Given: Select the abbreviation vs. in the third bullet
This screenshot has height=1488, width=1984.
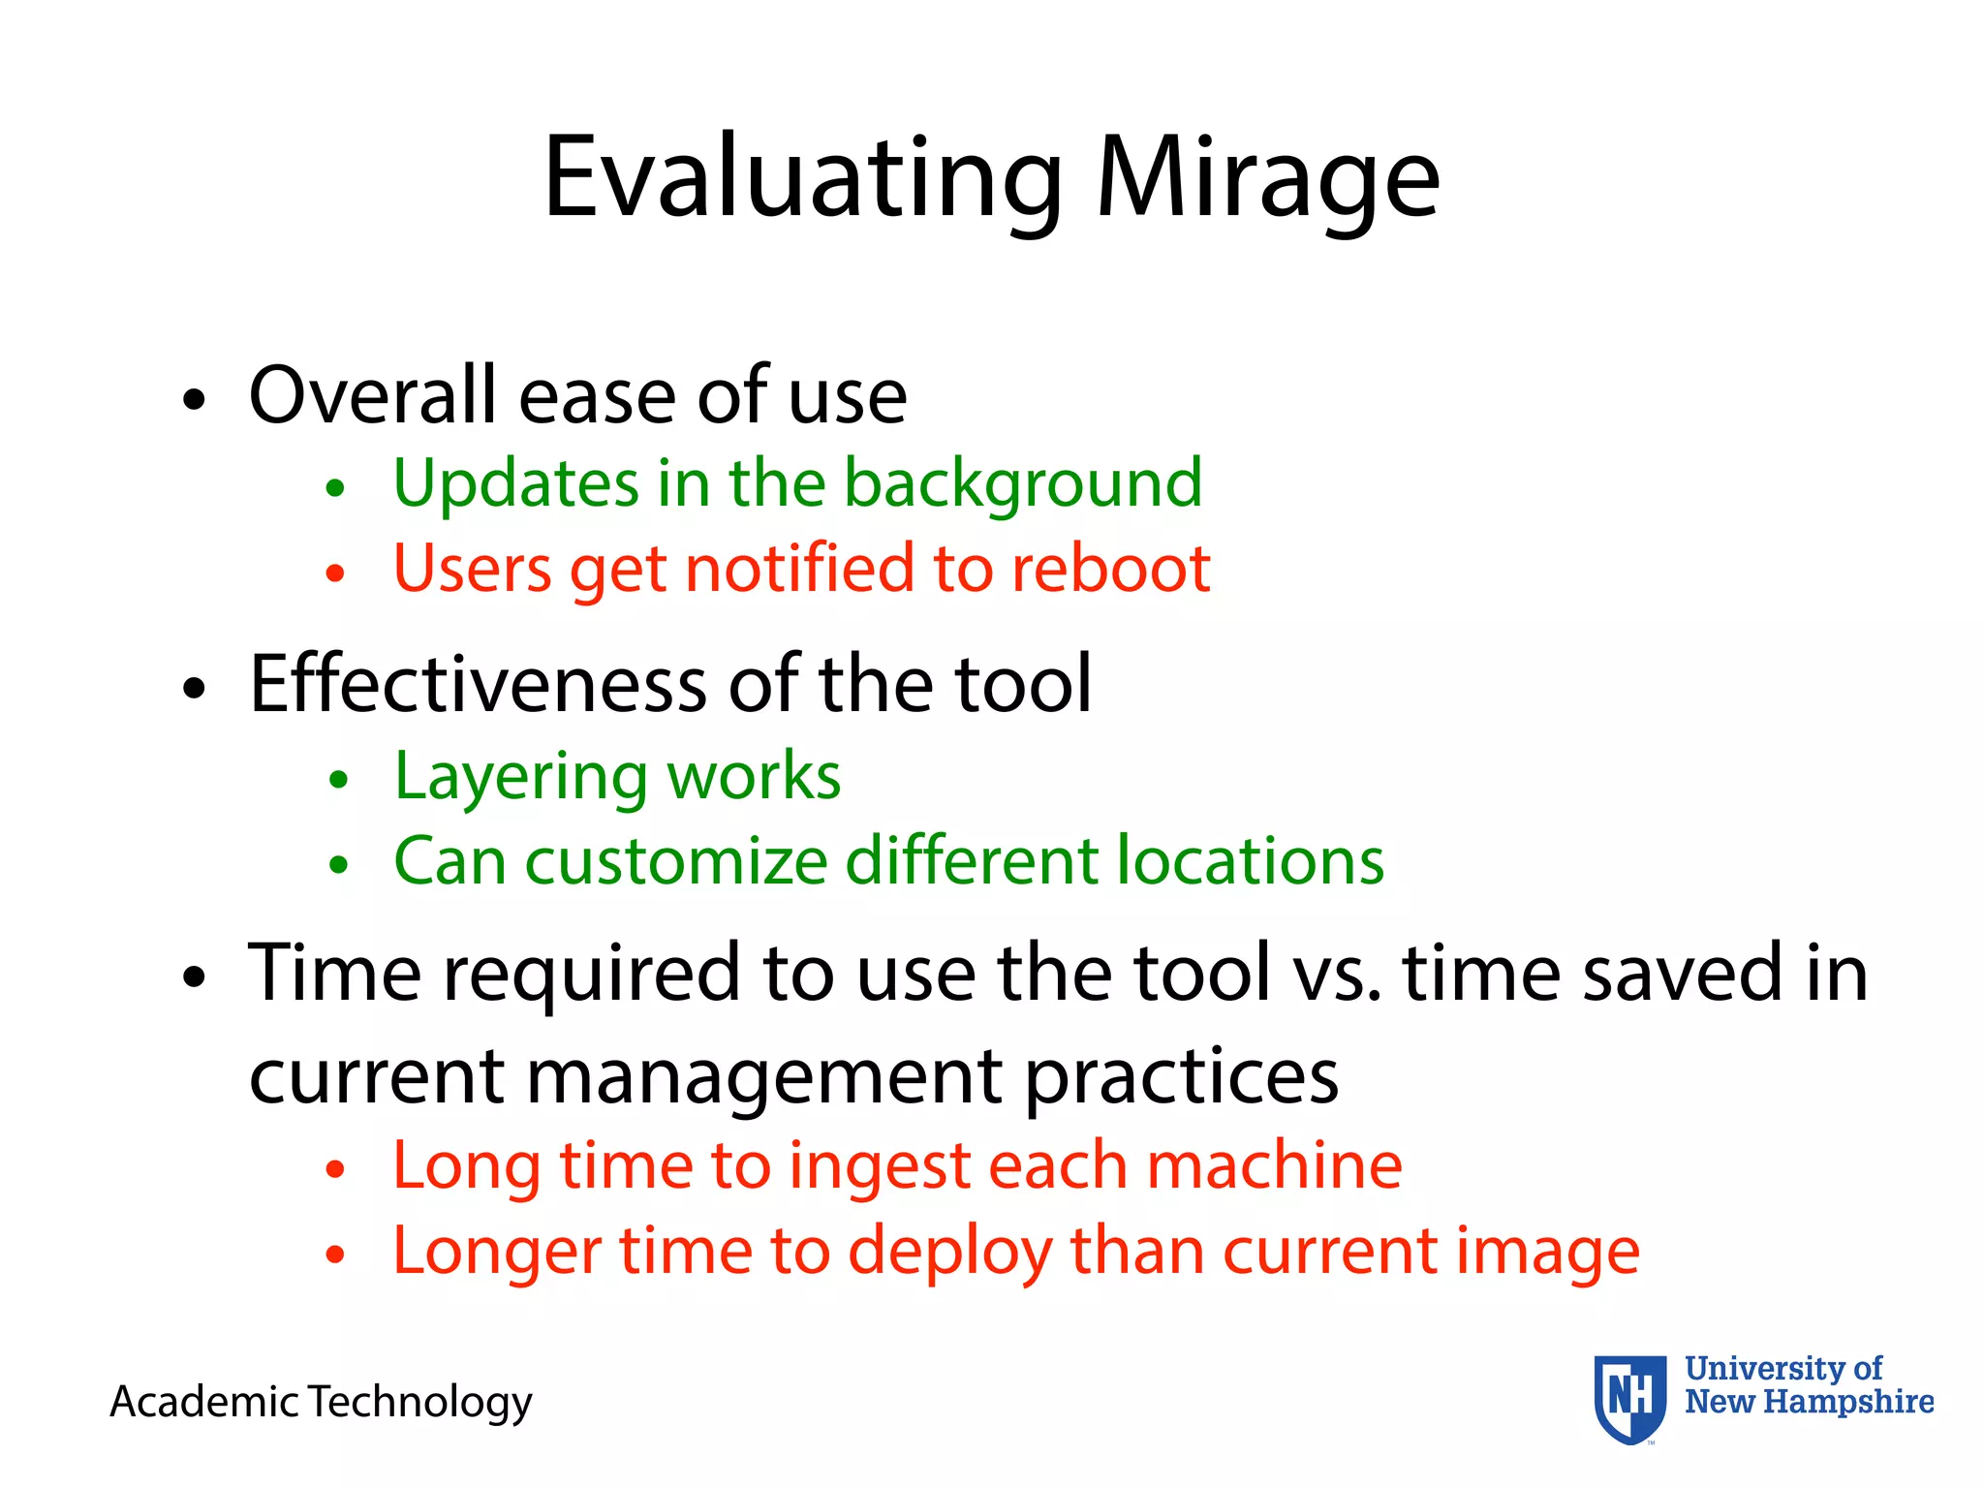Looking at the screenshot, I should pos(1338,973).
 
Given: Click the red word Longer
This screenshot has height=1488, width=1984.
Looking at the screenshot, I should pos(496,1252).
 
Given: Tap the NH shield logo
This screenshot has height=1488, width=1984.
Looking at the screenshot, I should pos(1630,1398).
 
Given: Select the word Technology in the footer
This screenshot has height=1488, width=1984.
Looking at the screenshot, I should pos(419,1402).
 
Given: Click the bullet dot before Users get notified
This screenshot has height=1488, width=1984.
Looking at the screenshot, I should pos(335,573).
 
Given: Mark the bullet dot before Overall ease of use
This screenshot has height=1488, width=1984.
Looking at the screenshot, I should pos(195,399).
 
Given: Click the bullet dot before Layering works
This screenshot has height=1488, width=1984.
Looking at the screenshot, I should pos(337,780).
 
